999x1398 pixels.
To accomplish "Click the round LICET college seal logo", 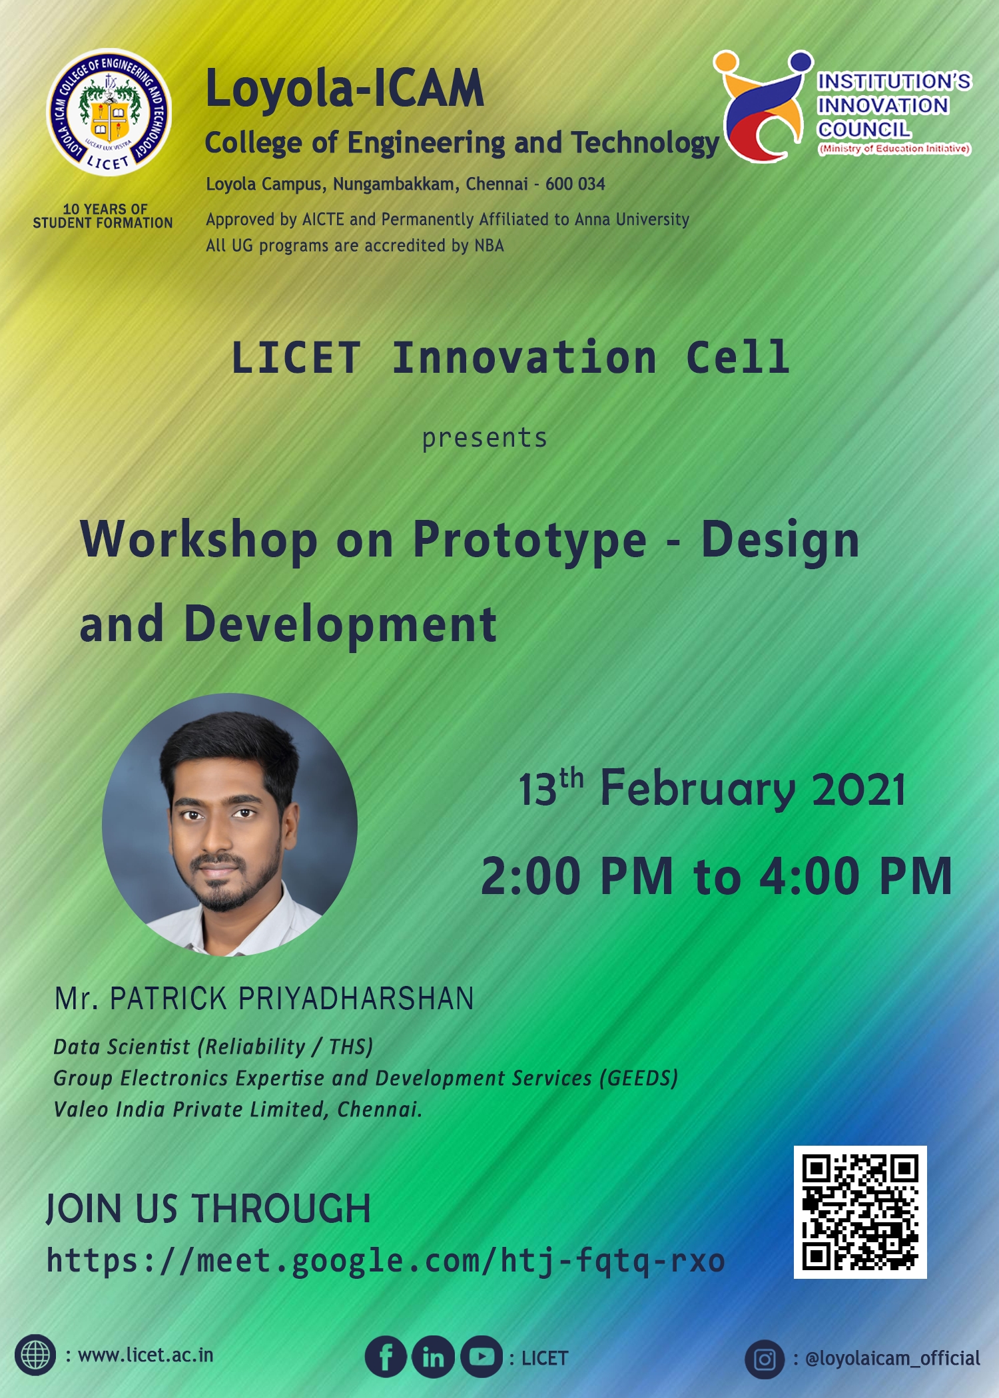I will pyautogui.click(x=109, y=113).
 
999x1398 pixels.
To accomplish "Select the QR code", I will pyautogui.click(x=860, y=1212).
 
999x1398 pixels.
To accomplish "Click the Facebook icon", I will pyautogui.click(x=386, y=1357).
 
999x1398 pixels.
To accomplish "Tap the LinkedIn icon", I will pyautogui.click(x=433, y=1357).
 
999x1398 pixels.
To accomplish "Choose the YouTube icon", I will pyautogui.click(x=482, y=1357).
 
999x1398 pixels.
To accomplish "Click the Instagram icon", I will pyautogui.click(x=765, y=1359).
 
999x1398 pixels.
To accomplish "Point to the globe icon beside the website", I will pyautogui.click(x=35, y=1355).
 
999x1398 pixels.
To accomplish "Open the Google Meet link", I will pyautogui.click(x=385, y=1261).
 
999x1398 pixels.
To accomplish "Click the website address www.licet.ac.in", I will pyautogui.click(x=146, y=1355).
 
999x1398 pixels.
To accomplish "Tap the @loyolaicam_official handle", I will pyautogui.click(x=892, y=1358).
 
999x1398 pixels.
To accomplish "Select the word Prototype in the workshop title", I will pyautogui.click(x=529, y=539).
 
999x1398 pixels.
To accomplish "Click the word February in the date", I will pyautogui.click(x=697, y=789).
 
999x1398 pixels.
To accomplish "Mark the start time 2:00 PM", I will pyautogui.click(x=577, y=876).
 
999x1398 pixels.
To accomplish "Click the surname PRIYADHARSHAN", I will pyautogui.click(x=356, y=999).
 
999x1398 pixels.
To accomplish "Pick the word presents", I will pyautogui.click(x=484, y=438).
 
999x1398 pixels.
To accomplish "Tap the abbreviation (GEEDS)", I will pyautogui.click(x=638, y=1078).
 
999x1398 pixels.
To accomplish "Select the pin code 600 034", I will pyautogui.click(x=575, y=184).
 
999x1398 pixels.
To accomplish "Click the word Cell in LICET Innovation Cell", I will pyautogui.click(x=737, y=357).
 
